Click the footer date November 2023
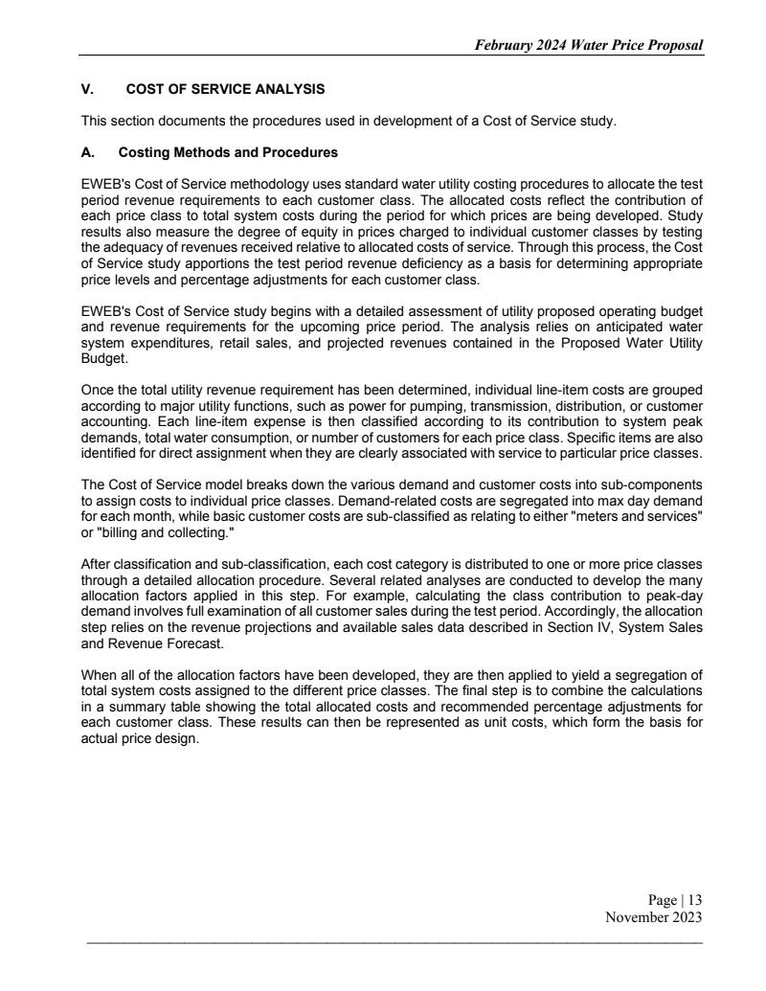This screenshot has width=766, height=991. pos(654,917)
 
